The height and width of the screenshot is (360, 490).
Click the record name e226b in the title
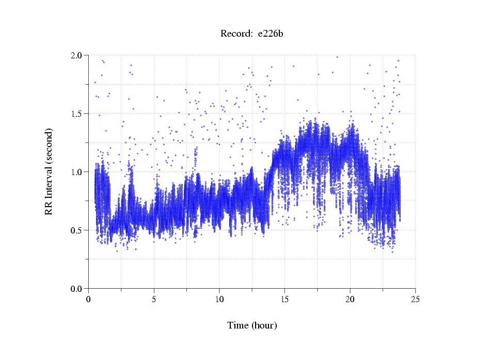pos(270,34)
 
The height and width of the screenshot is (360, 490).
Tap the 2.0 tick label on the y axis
pos(76,55)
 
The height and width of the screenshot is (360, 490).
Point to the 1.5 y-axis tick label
pos(76,114)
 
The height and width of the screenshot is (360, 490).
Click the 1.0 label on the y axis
pos(76,172)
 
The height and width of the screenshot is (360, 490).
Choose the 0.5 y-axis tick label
pos(76,230)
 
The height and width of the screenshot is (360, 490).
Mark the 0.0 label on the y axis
pos(76,289)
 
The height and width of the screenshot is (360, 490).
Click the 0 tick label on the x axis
pos(89,299)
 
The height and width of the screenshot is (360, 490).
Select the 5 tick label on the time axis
pos(154,299)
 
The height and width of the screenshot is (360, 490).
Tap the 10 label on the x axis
pos(219,299)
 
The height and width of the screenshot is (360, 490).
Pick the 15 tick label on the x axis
pos(284,299)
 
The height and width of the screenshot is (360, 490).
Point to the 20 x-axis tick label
pos(350,299)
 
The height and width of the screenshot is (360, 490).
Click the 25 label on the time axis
pos(415,299)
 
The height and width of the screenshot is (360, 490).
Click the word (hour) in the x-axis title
pos(264,325)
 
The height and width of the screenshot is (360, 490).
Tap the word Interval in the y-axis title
pos(49,177)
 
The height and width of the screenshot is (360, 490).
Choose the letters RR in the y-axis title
pos(49,207)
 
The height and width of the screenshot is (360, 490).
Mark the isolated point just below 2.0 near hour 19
pos(337,57)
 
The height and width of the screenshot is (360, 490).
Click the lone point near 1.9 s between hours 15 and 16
pos(293,66)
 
